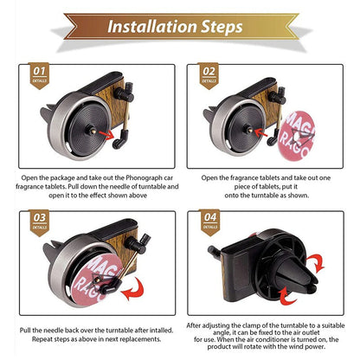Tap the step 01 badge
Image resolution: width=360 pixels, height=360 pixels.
coord(39,75)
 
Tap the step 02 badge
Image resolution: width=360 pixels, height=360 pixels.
coord(209,75)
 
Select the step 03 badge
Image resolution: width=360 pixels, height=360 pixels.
coord(40,222)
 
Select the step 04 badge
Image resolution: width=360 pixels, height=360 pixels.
coord(209,222)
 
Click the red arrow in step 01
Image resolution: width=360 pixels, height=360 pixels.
coord(106,134)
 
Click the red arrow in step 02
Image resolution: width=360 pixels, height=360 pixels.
coord(261,133)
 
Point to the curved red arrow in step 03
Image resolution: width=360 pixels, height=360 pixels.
coord(134,290)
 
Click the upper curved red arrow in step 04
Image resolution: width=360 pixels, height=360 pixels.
coord(317,263)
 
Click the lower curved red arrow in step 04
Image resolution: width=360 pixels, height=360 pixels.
coord(286,296)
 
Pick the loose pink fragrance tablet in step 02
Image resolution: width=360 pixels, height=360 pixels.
coord(295,135)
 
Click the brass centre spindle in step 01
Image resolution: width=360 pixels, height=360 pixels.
coord(92,131)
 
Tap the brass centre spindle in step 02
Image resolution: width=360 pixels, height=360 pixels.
coord(248,130)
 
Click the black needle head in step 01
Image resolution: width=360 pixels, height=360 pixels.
coord(119,139)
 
